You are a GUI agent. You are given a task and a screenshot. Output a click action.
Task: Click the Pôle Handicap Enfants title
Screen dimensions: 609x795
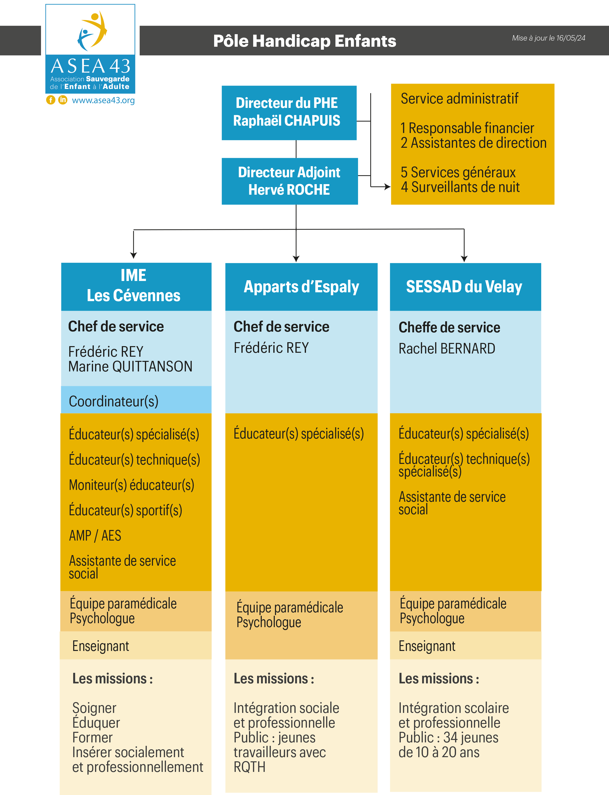pos(304,41)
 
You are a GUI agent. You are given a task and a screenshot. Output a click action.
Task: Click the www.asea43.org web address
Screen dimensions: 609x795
pos(103,100)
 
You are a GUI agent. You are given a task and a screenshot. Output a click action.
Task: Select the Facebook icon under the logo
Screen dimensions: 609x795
pos(51,100)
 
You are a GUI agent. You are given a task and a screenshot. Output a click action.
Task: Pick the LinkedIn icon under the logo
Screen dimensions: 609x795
pos(63,100)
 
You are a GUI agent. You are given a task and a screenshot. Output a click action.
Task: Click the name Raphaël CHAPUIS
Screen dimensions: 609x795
pos(287,120)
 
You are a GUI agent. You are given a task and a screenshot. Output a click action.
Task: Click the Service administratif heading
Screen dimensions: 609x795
pos(459,99)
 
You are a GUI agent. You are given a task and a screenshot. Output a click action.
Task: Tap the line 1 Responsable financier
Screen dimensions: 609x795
pos(467,128)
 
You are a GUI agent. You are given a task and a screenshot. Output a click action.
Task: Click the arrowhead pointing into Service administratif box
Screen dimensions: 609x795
pos(388,187)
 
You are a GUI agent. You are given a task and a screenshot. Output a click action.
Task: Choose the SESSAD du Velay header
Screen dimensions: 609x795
pos(464,287)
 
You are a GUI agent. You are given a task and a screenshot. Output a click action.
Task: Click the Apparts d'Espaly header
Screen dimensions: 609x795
pos(301,287)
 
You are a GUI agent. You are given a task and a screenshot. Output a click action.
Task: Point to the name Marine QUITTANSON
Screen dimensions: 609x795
pos(130,367)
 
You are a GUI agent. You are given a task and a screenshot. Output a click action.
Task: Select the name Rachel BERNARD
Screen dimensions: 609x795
pos(447,349)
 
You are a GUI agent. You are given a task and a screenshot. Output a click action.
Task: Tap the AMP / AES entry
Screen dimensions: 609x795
pos(95,536)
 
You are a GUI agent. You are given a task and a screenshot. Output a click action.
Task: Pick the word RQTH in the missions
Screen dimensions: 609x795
pos(249,767)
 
